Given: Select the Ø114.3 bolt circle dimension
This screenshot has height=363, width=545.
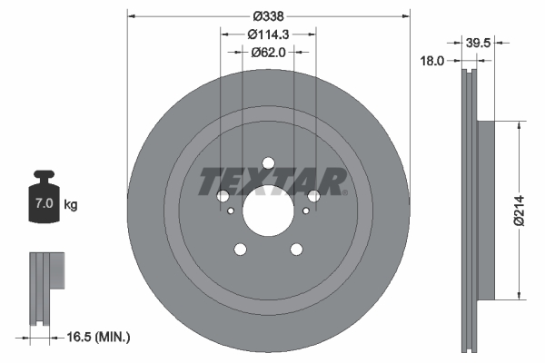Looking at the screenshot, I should pos(269,34).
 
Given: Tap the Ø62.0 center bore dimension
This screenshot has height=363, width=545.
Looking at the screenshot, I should pos(269,53).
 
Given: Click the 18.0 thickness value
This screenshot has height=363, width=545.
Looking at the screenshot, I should pos(432,61).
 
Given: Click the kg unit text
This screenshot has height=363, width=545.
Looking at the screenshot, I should pos(71,205).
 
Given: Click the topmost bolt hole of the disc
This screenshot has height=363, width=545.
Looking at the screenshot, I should pos(269,163).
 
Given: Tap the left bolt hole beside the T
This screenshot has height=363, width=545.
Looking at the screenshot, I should pos(223,196).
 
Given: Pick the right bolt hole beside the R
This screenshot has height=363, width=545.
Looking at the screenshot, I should pos(314,196).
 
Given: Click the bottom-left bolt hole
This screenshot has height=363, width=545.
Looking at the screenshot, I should pos(241,250).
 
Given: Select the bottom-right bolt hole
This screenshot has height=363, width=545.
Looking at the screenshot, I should pos(297,250).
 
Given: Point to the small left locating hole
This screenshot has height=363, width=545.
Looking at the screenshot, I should pos(233,211).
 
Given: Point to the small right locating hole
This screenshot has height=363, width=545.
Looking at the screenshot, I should pos(305,211).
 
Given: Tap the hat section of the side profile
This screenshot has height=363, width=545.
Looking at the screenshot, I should pos(485,209).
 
